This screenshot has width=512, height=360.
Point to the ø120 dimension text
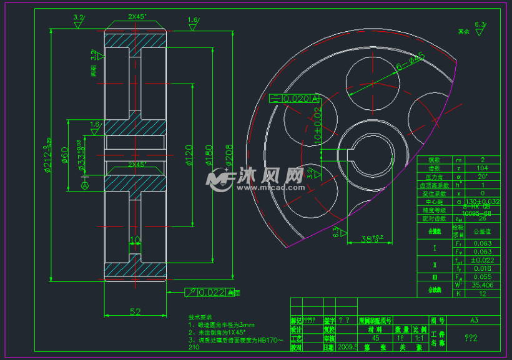pyautogui.click(x=187, y=158)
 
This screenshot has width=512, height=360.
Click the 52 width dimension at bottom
pyautogui.click(x=134, y=310)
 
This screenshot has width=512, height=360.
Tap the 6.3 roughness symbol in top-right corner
pyautogui.click(x=480, y=26)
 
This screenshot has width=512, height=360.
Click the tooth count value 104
pyautogui.click(x=482, y=168)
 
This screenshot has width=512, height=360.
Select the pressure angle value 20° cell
pyautogui.click(x=482, y=177)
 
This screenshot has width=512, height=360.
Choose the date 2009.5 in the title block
pyautogui.click(x=347, y=346)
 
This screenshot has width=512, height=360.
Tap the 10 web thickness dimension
pyautogui.click(x=134, y=240)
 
